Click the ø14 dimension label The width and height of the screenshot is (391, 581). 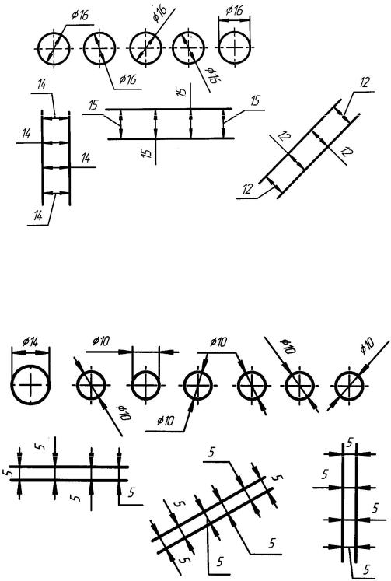(x=30, y=341)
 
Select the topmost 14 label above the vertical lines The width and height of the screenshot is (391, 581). (x=42, y=84)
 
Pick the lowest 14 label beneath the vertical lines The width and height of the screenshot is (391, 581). (x=38, y=215)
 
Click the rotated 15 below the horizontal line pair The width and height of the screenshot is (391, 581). (x=148, y=152)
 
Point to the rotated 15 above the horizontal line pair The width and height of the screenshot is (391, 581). (x=181, y=92)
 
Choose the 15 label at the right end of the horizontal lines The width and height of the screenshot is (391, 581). (x=256, y=101)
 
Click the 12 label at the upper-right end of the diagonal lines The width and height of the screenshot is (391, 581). (x=365, y=82)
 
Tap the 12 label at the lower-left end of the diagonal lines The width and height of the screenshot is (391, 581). (x=247, y=189)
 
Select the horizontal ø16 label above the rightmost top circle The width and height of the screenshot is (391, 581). (x=234, y=10)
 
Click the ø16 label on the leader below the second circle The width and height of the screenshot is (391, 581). (x=127, y=79)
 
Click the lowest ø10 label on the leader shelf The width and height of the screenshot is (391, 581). (x=165, y=421)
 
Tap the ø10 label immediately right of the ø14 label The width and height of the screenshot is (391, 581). (x=101, y=341)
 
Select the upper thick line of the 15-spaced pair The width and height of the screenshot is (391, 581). (x=169, y=109)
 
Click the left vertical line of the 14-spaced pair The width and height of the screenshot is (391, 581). (x=42, y=157)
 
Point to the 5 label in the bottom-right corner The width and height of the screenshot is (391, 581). (x=367, y=569)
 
